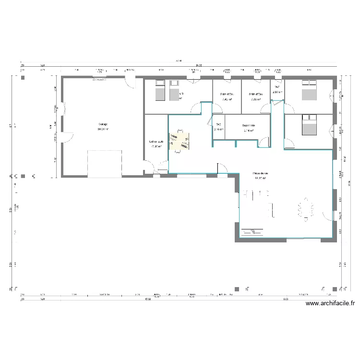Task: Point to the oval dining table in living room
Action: point(305,209)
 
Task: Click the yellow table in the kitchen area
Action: point(180,141)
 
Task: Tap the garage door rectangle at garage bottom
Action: point(105,164)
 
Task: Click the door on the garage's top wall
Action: point(130,82)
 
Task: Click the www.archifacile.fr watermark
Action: point(330,303)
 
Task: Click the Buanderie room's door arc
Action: point(264,142)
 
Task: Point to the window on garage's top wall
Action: point(99,77)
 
